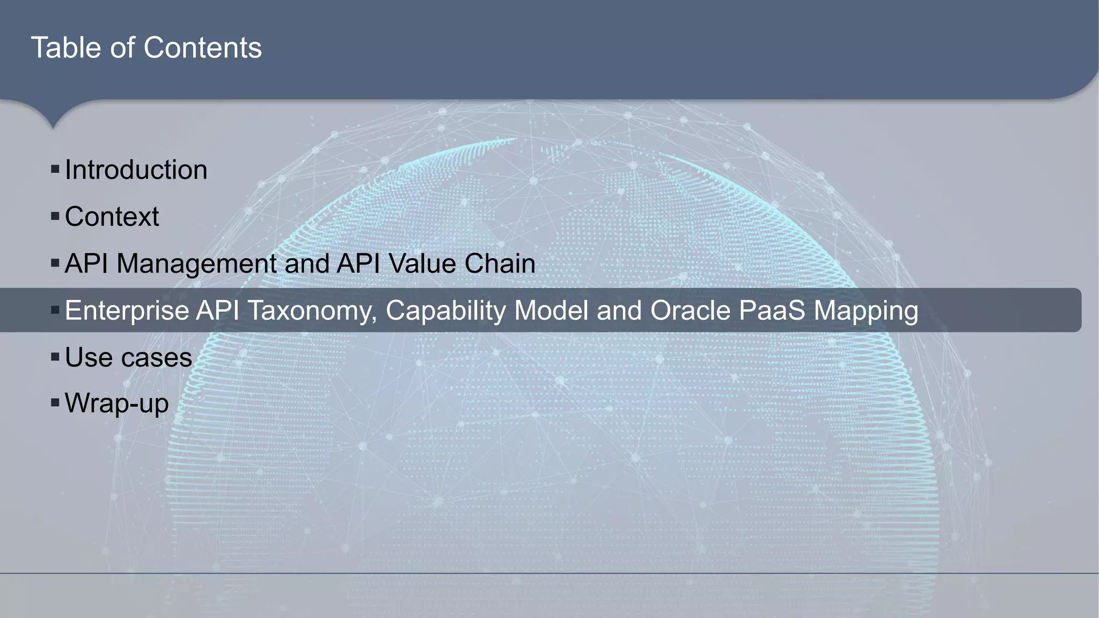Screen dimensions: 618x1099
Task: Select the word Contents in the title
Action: point(203,48)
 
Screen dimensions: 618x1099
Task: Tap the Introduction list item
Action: point(136,170)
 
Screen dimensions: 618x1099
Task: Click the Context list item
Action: point(112,217)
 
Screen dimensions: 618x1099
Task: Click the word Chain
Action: point(500,264)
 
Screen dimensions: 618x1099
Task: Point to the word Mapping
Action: point(866,311)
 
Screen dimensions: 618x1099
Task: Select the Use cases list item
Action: point(128,357)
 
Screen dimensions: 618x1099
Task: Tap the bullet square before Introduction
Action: point(55,170)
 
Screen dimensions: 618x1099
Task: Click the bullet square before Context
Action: point(55,217)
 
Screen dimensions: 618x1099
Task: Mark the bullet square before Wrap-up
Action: point(55,402)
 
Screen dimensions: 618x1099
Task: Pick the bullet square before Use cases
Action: point(55,357)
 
